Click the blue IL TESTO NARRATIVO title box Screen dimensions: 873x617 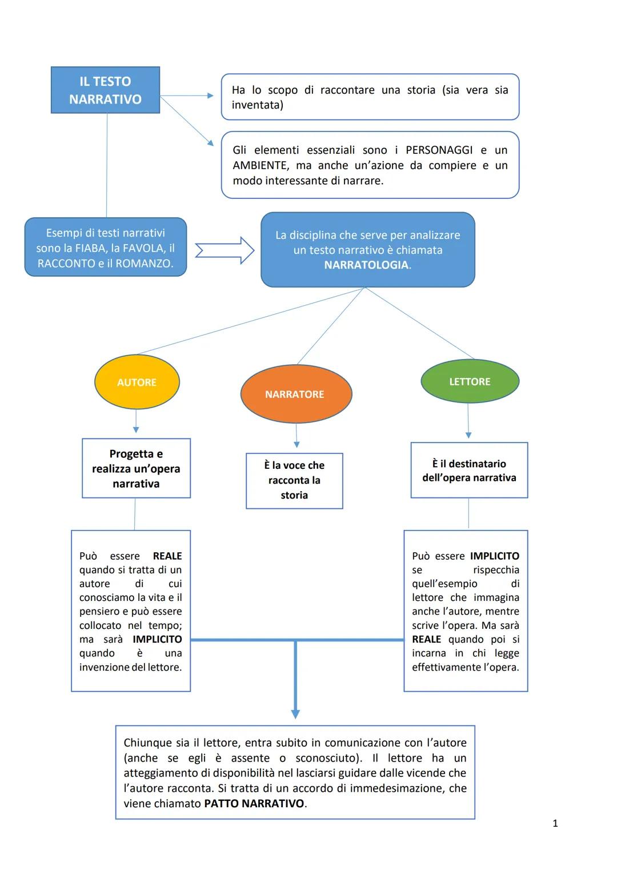point(105,90)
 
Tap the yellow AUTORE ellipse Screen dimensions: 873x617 point(137,382)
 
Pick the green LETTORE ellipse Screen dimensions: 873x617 point(470,381)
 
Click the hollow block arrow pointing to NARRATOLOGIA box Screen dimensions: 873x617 point(225,250)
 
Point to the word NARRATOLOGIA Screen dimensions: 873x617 point(366,265)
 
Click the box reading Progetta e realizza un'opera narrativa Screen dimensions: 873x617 point(136,468)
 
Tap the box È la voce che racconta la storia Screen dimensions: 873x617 point(294,480)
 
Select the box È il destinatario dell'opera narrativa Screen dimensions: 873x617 point(469,470)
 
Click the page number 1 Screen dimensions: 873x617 point(555,823)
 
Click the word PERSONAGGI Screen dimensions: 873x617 point(439,150)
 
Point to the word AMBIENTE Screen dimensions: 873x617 point(260,165)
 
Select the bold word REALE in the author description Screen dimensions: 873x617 point(167,556)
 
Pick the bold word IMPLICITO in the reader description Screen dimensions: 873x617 point(494,556)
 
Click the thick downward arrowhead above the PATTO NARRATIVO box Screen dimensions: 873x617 point(295,713)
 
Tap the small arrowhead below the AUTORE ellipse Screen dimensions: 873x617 point(136,429)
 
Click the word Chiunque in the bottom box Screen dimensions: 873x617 point(147,743)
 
